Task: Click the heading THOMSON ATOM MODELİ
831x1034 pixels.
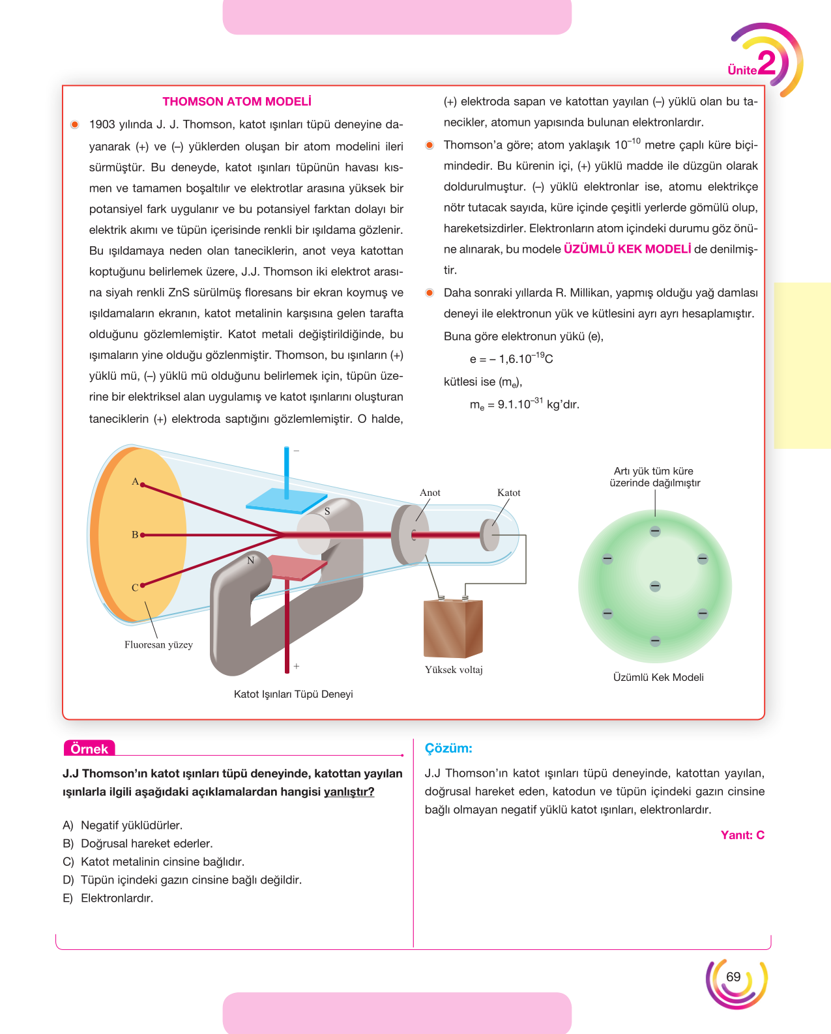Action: pyautogui.click(x=237, y=102)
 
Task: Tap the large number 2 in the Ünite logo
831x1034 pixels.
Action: pyautogui.click(x=766, y=63)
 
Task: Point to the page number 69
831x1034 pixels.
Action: pyautogui.click(x=733, y=977)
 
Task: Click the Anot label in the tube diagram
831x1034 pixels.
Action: pyautogui.click(x=430, y=493)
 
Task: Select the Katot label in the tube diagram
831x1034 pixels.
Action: pyautogui.click(x=508, y=493)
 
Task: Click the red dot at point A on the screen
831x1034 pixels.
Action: pyautogui.click(x=142, y=485)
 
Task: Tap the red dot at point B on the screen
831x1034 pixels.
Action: pyautogui.click(x=142, y=535)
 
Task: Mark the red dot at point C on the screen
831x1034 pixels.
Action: pyautogui.click(x=142, y=585)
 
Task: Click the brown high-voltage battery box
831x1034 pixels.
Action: pyautogui.click(x=453, y=629)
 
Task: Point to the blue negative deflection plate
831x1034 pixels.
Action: pyautogui.click(x=287, y=500)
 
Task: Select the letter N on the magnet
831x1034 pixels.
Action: pyautogui.click(x=250, y=560)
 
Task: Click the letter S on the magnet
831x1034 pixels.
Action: pyautogui.click(x=327, y=511)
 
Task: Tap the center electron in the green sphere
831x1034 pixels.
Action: pyautogui.click(x=654, y=586)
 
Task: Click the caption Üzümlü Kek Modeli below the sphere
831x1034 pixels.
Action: pyautogui.click(x=658, y=678)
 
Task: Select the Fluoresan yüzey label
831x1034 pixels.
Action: pyautogui.click(x=158, y=644)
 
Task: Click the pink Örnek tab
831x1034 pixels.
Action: pyautogui.click(x=89, y=749)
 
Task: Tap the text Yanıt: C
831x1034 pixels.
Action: pyautogui.click(x=742, y=835)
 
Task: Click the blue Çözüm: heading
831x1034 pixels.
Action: pyautogui.click(x=448, y=748)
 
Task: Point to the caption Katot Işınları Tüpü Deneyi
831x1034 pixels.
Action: pyautogui.click(x=293, y=695)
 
